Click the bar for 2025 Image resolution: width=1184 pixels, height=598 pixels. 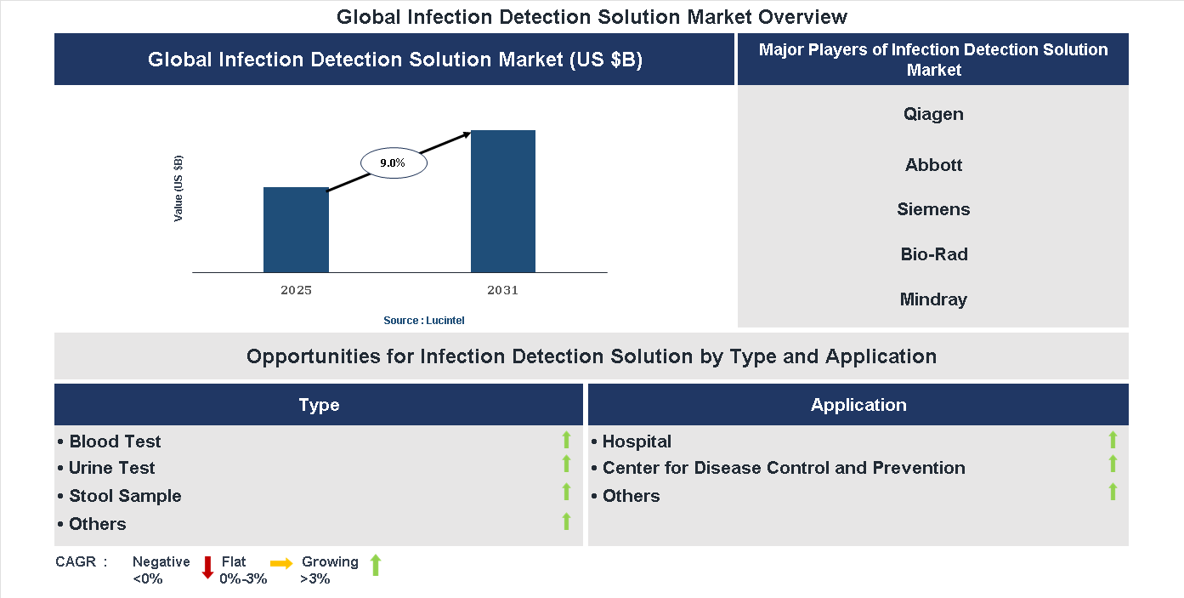tap(296, 230)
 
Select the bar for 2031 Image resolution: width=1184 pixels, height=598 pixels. tap(503, 202)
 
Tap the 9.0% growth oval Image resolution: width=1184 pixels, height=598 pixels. tap(394, 162)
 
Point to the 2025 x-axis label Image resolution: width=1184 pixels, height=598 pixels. tap(296, 290)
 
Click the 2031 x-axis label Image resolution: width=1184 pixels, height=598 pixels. tap(502, 290)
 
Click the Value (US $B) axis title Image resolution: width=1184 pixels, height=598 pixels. tap(178, 189)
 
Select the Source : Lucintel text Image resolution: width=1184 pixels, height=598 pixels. tap(424, 320)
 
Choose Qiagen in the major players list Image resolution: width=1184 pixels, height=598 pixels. tap(933, 114)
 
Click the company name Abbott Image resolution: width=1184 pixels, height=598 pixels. tap(933, 165)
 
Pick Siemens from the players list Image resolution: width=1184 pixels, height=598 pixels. tap(933, 209)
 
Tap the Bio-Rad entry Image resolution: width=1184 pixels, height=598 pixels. tap(933, 254)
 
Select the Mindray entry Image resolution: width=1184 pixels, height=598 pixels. tap(933, 299)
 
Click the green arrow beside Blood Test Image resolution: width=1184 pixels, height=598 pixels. tap(566, 440)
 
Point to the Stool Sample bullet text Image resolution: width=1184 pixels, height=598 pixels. tap(125, 496)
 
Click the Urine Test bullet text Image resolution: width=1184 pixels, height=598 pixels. tap(111, 468)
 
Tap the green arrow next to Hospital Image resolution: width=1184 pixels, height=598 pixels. tap(1113, 440)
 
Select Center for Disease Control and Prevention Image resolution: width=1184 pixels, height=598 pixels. tap(783, 468)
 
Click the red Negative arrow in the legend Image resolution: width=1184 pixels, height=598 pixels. tap(207, 567)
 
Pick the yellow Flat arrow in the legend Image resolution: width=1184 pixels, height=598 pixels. tap(281, 563)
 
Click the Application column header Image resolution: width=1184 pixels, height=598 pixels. tap(858, 405)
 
